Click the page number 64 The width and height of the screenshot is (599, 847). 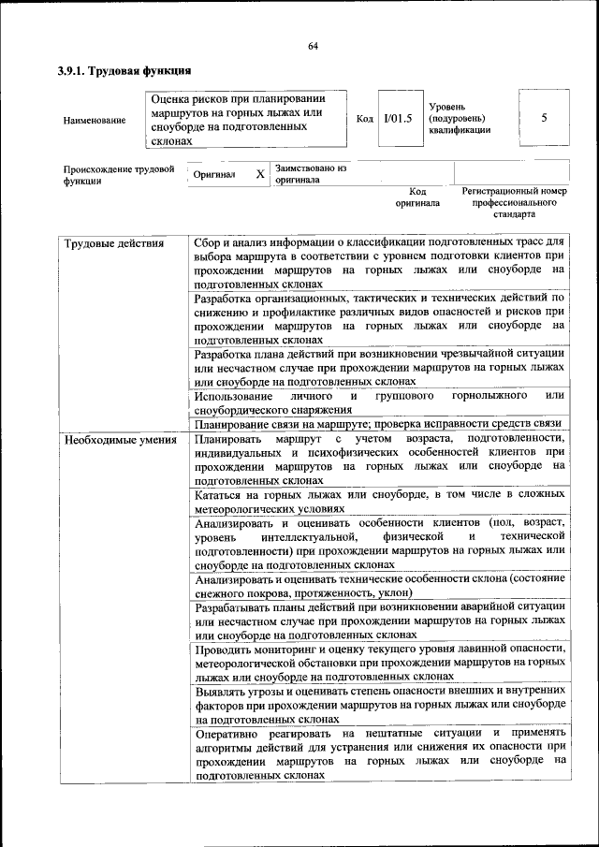(314, 46)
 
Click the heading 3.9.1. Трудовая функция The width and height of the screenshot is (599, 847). (124, 70)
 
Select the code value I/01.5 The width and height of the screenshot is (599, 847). (397, 118)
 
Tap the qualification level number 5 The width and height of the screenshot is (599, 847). (544, 118)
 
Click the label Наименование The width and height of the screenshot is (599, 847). (95, 120)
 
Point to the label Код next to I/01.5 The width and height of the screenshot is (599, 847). (365, 119)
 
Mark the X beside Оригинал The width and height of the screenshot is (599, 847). (260, 174)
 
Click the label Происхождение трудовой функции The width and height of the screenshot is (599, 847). (119, 175)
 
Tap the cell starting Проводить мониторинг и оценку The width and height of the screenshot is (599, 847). (379, 661)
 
